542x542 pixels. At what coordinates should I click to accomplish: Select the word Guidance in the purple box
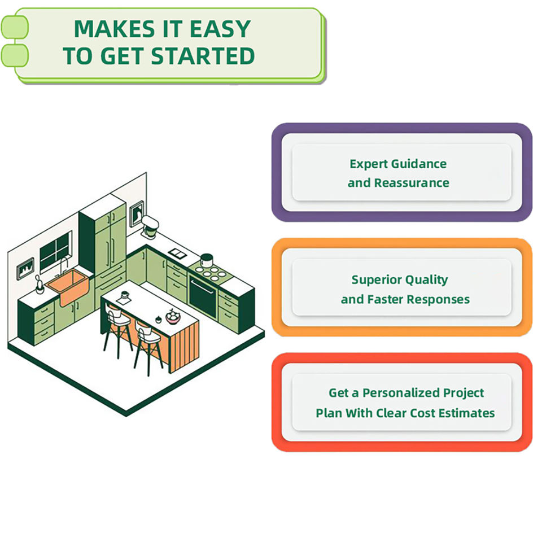417,164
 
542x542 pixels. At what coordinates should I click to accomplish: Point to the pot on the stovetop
207,260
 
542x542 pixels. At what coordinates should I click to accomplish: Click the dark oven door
202,296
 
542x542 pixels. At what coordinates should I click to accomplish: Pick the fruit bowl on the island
172,317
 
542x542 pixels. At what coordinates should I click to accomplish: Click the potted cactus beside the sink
39,284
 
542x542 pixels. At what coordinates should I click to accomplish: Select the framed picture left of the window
25,269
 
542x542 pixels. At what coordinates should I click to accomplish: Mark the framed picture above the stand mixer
136,214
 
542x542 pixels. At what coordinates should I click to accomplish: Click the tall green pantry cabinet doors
110,243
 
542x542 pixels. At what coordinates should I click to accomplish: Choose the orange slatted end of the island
183,344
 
